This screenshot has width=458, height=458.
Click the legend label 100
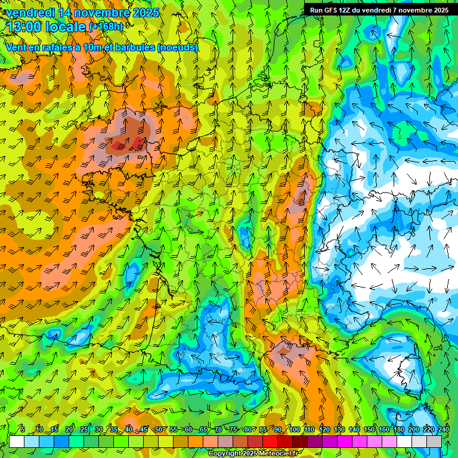[x=295, y=429]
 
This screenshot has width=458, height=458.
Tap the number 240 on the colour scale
[x=443, y=429]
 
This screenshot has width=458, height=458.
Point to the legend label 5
[x=23, y=429]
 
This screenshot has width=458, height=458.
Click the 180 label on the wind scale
[x=398, y=429]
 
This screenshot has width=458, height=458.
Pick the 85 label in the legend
[x=263, y=429]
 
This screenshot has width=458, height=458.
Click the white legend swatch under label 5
[x=17, y=441]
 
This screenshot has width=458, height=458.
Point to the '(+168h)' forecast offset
[x=106, y=27]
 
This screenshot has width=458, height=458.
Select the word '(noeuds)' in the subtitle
[x=177, y=47]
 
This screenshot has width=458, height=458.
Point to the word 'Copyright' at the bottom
[x=225, y=454]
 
